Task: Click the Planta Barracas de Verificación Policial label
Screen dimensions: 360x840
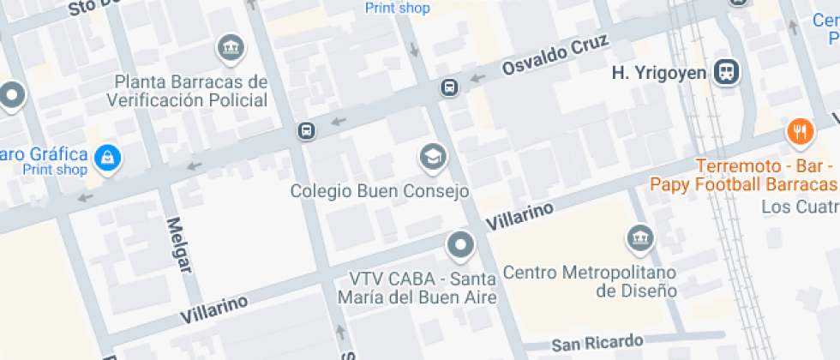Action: (188, 91)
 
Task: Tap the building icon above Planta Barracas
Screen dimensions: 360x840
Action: (230, 48)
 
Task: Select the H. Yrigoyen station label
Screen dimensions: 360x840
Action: (658, 73)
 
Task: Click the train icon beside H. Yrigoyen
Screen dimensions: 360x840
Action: (726, 72)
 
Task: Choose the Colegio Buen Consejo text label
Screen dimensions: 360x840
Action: (380, 190)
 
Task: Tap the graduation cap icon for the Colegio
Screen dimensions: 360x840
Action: (432, 156)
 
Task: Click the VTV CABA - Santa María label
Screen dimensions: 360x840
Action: (423, 288)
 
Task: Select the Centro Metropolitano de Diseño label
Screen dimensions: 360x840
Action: (590, 282)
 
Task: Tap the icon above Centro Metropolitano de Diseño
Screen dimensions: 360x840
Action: (639, 237)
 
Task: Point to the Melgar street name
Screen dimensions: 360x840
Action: (177, 244)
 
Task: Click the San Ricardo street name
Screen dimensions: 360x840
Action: (597, 344)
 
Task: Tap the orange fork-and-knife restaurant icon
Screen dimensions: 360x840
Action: (801, 131)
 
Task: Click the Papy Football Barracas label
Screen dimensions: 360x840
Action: (742, 184)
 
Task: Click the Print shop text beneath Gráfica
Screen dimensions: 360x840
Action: (55, 170)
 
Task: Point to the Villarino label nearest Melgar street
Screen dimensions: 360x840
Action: (214, 309)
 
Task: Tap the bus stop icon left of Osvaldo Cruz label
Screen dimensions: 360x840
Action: (449, 87)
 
